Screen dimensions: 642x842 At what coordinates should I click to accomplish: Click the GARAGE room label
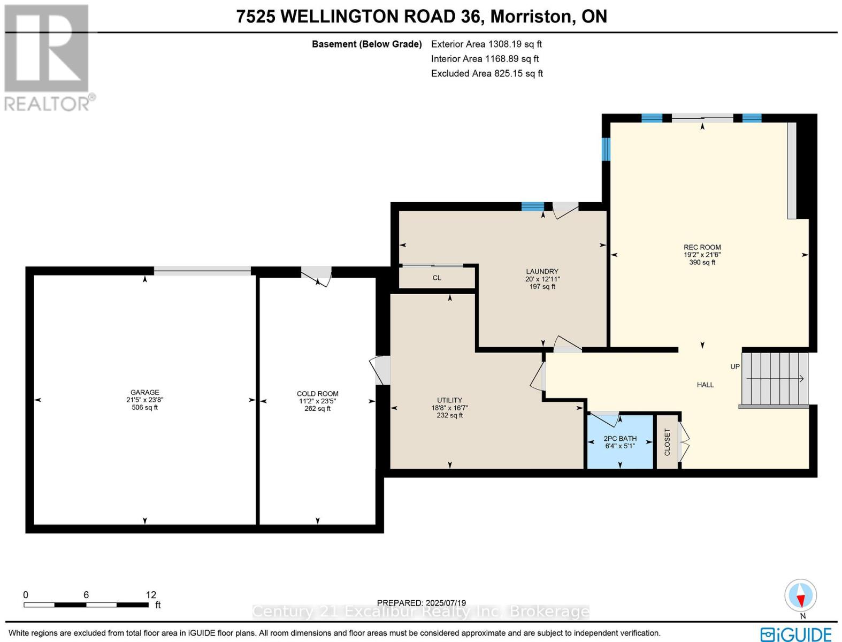(x=144, y=392)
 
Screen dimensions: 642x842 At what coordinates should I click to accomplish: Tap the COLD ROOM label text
(x=317, y=394)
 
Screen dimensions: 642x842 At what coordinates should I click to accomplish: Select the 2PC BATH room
(x=620, y=442)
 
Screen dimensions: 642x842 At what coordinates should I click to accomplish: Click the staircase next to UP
(x=774, y=378)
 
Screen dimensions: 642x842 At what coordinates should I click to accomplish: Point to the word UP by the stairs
(x=735, y=366)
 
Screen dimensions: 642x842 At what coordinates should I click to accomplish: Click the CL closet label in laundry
(x=437, y=278)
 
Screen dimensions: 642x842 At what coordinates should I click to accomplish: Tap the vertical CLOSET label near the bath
(x=667, y=442)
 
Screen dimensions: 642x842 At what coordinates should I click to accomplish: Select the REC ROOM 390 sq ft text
(x=702, y=262)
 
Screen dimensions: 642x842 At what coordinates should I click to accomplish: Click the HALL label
(x=705, y=385)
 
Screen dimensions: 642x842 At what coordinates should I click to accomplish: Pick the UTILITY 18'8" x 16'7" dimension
(x=449, y=408)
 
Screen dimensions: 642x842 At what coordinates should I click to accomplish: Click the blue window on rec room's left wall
(x=606, y=149)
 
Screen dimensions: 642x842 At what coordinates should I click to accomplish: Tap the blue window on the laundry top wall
(x=532, y=207)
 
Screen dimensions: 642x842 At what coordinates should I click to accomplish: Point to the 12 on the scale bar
(x=151, y=594)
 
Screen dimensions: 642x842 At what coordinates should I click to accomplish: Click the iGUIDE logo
(x=795, y=635)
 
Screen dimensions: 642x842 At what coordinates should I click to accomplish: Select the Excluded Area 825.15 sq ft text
(x=487, y=73)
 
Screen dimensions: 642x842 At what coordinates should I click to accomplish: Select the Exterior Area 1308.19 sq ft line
(x=486, y=44)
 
